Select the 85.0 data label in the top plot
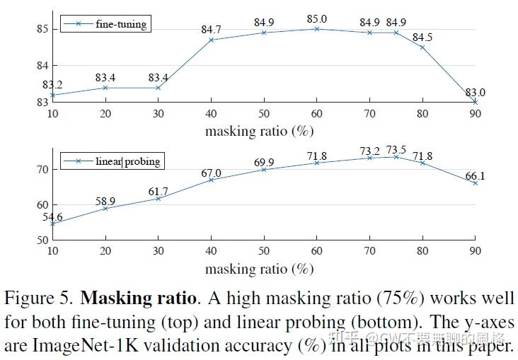tap(317, 19)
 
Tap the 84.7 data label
tap(212, 30)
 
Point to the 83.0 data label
tap(474, 93)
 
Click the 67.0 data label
tap(211, 173)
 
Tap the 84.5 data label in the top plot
tap(423, 37)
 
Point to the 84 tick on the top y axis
tap(41, 66)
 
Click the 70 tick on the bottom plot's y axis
tap(41, 170)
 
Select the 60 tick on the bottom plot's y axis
tap(41, 205)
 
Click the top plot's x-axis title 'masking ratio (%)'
tap(259, 131)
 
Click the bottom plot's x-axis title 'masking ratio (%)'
tap(259, 269)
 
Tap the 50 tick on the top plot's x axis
tap(263, 115)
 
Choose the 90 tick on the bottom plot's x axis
tap(475, 252)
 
